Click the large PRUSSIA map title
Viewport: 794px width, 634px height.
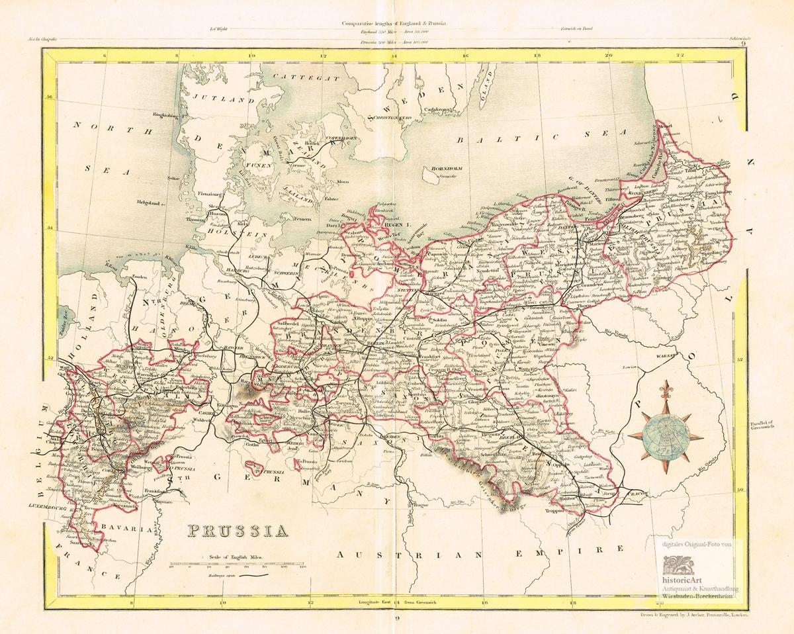[x=237, y=530]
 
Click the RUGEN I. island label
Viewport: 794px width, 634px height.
[x=397, y=227]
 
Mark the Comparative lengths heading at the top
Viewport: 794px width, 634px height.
[x=395, y=23]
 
